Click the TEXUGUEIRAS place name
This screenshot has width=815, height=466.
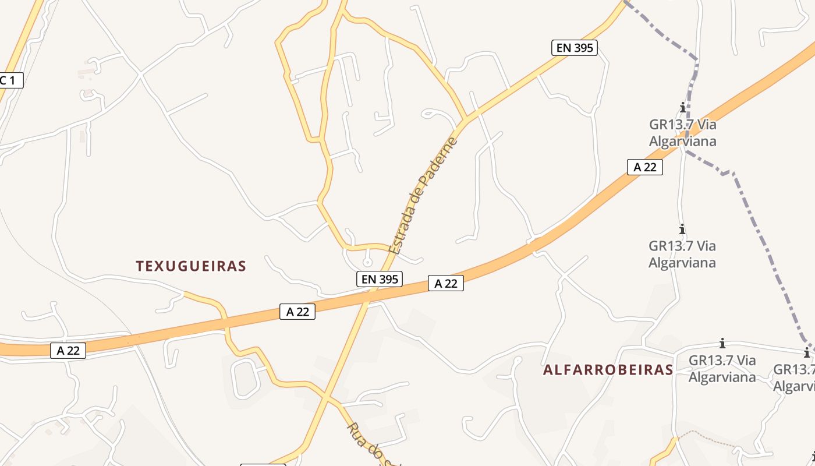(191, 266)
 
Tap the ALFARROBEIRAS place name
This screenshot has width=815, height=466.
(608, 370)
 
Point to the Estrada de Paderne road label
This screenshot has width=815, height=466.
(423, 196)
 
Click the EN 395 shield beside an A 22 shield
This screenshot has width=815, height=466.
(380, 279)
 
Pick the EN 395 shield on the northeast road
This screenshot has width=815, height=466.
(575, 48)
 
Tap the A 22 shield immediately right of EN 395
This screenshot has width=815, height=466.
(446, 283)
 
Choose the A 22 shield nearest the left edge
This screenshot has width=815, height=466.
(68, 350)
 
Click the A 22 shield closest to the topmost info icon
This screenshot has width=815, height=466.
(644, 167)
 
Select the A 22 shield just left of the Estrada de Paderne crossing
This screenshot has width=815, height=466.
(297, 312)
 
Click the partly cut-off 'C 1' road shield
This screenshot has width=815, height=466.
(10, 80)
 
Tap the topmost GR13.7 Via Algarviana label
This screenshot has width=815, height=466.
(682, 133)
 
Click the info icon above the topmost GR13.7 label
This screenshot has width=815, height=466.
(683, 107)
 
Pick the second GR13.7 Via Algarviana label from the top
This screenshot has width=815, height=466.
(682, 254)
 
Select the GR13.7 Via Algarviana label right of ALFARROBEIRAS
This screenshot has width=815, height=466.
(722, 368)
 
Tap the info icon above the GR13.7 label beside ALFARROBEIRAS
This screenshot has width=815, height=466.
(722, 343)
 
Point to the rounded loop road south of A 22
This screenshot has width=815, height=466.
(245, 379)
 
